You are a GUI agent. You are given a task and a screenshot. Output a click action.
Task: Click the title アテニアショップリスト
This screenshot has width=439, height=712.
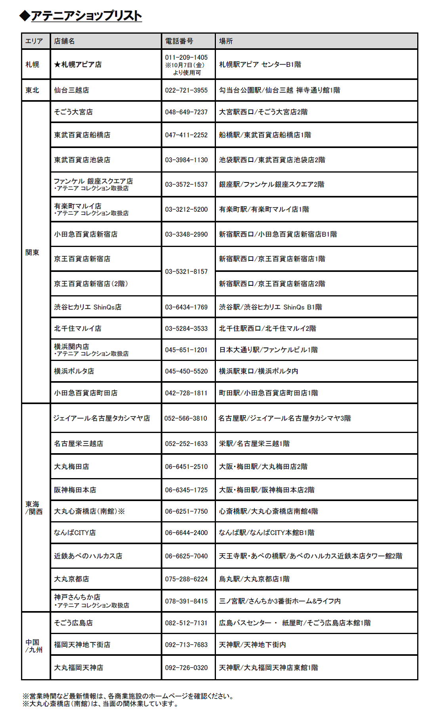[x=86, y=16]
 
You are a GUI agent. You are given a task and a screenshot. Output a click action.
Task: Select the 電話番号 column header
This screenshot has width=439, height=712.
[x=179, y=41]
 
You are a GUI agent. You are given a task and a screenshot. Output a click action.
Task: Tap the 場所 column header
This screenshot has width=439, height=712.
[x=226, y=41]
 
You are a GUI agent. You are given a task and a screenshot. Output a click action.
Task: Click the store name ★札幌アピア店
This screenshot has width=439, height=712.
[x=78, y=65]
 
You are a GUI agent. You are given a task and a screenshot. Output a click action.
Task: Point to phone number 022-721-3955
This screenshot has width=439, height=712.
[x=186, y=90]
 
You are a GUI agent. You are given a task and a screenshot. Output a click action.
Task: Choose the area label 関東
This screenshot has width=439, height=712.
[x=32, y=253]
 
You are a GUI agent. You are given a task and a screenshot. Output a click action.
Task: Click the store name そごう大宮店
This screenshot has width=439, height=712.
[x=73, y=112]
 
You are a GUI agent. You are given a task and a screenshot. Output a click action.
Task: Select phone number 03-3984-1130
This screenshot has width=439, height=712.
[x=186, y=160]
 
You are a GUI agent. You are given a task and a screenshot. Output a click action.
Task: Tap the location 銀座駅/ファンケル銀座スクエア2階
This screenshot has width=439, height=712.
[x=271, y=184]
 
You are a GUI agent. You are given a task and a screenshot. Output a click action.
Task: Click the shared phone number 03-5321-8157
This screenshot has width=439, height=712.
[x=186, y=272]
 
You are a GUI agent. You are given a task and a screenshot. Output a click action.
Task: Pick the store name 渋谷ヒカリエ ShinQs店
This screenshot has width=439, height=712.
[x=88, y=307]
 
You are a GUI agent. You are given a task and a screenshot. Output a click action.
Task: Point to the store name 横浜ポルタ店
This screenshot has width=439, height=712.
[x=74, y=371]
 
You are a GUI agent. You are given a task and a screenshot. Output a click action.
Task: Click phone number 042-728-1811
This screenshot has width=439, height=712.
[x=186, y=393]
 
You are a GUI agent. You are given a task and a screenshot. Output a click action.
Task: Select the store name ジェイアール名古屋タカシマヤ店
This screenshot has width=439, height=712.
[x=102, y=418]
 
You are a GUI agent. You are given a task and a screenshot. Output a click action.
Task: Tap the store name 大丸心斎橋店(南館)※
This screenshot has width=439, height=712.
[x=89, y=511]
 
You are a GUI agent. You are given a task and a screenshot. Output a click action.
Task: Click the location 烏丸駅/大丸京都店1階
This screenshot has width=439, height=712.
[x=254, y=579]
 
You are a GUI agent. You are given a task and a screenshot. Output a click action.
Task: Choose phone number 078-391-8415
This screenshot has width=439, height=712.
[x=186, y=601]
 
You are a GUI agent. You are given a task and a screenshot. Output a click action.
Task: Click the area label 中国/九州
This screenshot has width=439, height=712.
[x=34, y=646]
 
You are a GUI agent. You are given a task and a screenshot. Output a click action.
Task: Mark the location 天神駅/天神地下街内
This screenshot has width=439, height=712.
[x=252, y=645]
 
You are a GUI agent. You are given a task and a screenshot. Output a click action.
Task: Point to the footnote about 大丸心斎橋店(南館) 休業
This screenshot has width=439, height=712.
[x=101, y=704]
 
